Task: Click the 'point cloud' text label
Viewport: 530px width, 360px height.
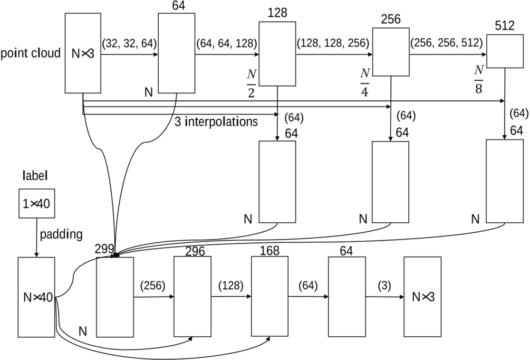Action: click(30, 53)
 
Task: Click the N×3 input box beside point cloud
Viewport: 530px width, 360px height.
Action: click(83, 53)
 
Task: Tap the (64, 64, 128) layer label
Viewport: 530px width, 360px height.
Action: click(226, 43)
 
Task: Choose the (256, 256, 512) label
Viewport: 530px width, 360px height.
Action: click(447, 43)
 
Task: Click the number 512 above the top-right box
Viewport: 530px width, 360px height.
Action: click(504, 25)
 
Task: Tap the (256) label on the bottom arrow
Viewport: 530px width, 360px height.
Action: click(153, 286)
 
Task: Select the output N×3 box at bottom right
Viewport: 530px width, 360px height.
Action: click(422, 297)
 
